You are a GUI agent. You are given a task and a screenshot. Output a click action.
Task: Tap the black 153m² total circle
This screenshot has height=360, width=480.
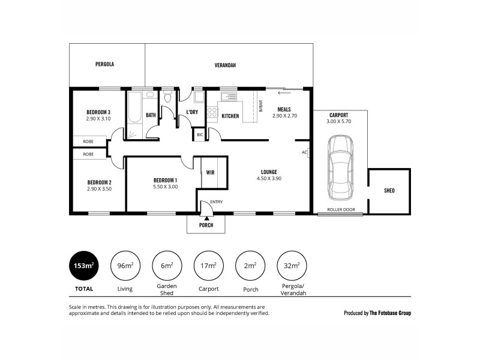tap(84, 265)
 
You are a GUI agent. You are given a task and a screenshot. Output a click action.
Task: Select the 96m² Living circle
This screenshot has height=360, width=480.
tap(125, 265)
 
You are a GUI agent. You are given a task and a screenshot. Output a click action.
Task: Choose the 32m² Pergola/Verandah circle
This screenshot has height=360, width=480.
tap(292, 265)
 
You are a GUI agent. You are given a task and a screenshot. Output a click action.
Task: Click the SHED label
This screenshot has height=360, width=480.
tap(389, 191)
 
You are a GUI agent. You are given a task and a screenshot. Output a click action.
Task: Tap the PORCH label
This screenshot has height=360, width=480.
tap(206, 225)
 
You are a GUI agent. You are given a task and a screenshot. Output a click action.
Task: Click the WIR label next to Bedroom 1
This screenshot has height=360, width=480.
tap(211, 173)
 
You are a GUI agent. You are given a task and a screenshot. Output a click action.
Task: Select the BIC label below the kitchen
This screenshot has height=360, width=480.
tap(200, 135)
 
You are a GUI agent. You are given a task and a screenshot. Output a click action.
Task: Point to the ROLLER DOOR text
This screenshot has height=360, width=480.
tap(340, 209)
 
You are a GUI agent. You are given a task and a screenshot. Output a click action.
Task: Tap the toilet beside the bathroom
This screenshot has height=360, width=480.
tap(168, 97)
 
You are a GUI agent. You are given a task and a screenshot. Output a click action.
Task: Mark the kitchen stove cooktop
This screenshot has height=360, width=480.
tap(212, 112)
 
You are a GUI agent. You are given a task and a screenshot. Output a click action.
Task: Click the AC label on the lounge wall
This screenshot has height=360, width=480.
tap(304, 152)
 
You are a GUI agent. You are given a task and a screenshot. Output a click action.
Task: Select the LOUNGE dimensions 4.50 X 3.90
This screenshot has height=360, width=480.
tap(269, 178)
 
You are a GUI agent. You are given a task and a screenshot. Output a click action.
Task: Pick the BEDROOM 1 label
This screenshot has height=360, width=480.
tap(165, 181)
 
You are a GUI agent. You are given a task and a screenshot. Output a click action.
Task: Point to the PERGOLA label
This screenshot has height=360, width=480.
tap(104, 64)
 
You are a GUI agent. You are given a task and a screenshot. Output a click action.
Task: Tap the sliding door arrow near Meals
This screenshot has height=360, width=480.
tap(284, 93)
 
